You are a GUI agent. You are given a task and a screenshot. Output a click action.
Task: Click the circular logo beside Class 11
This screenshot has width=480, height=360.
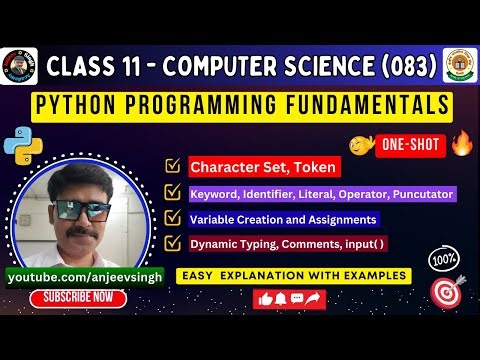pos(19,66)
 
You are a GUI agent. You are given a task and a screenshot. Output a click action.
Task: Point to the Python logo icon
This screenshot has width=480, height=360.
pos(17,147)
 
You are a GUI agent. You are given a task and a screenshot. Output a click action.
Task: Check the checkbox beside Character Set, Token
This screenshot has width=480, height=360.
pos(171,167)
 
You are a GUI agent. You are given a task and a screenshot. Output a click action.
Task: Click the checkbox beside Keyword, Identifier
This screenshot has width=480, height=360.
pos(171,193)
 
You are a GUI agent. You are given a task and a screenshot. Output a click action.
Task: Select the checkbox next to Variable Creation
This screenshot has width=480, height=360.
pos(171,218)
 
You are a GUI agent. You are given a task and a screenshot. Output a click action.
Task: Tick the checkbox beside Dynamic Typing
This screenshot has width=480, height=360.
pos(171,243)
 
